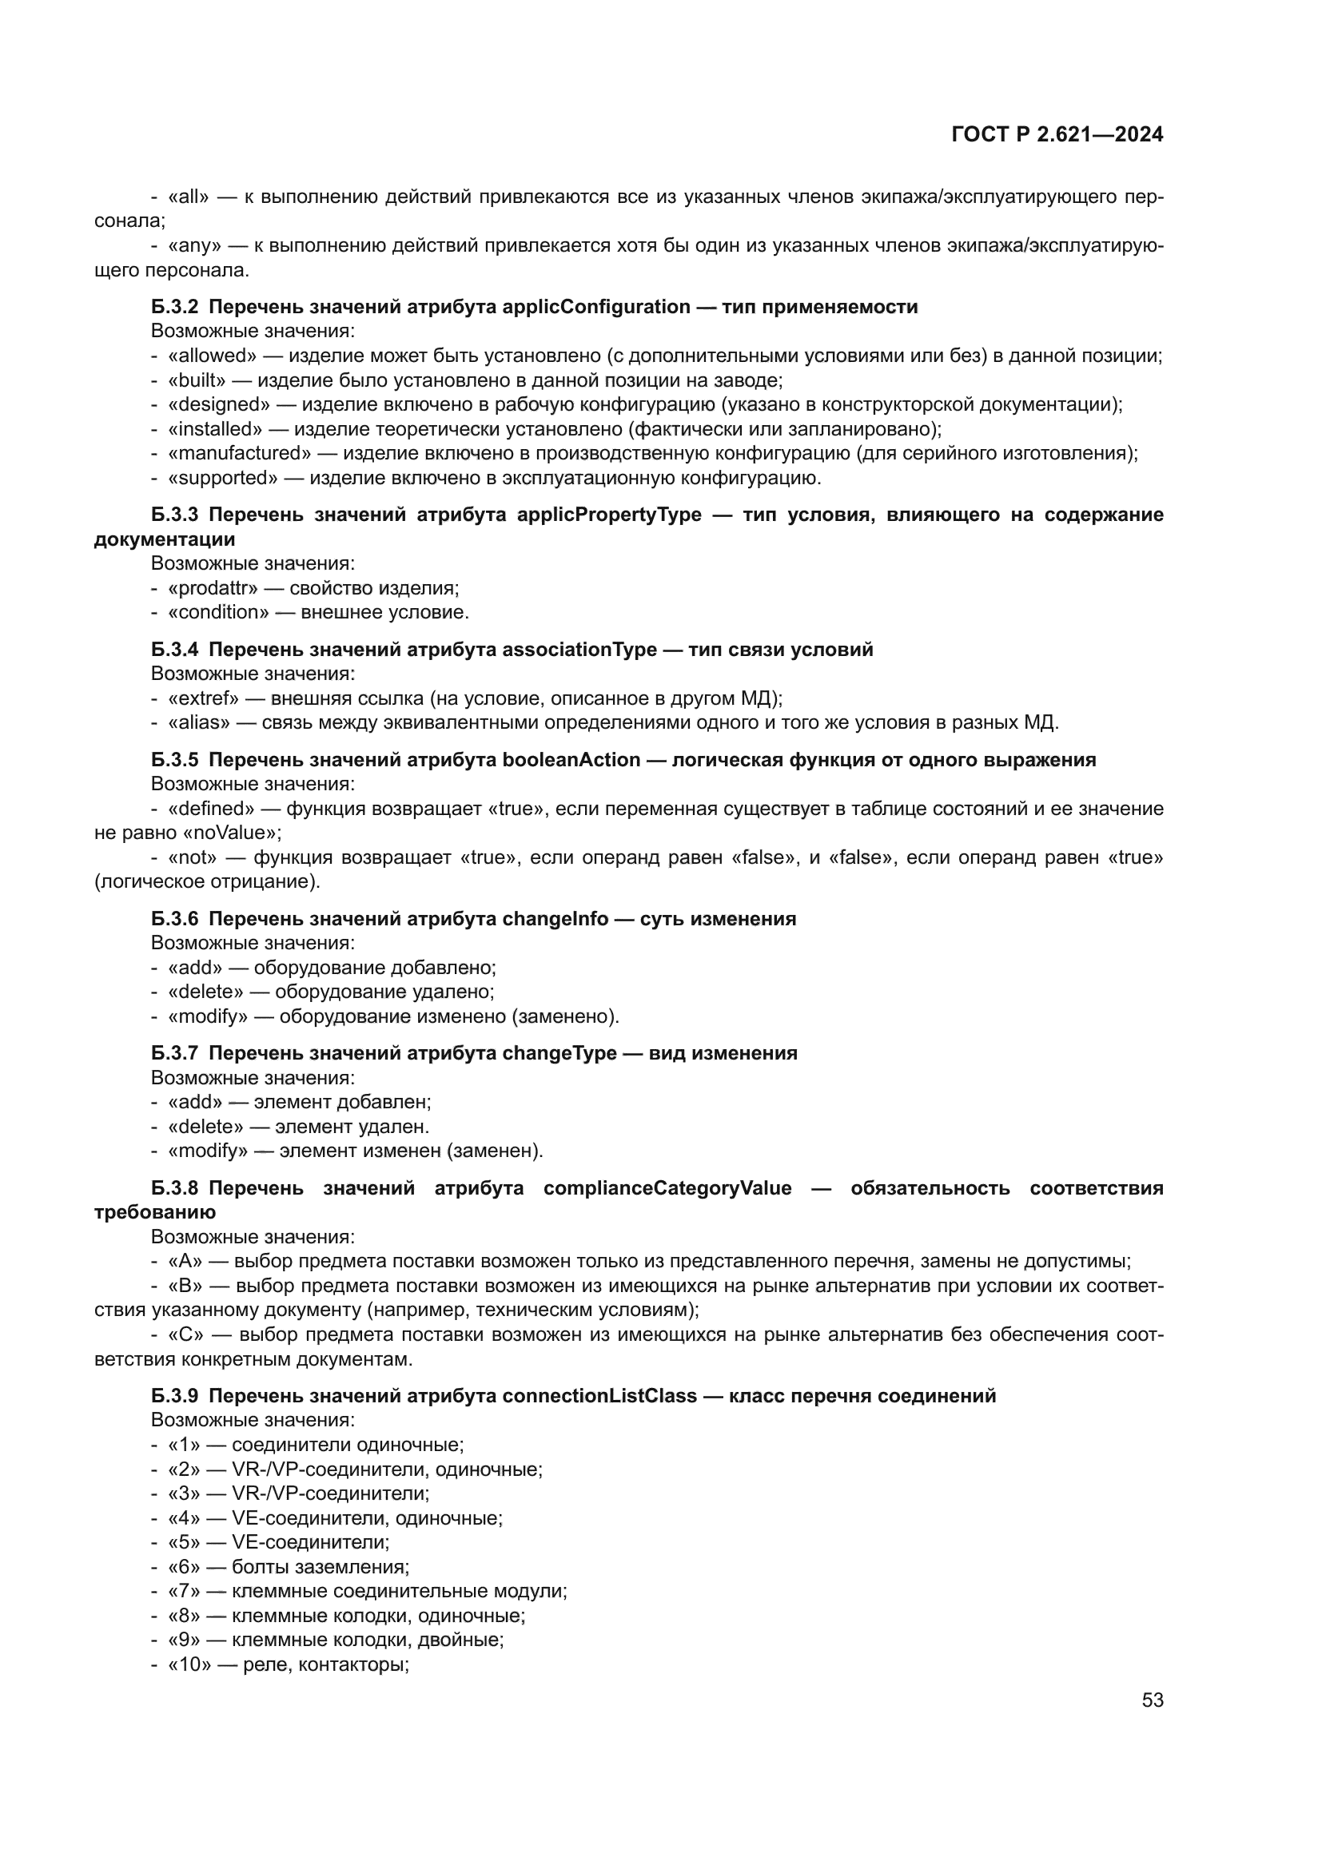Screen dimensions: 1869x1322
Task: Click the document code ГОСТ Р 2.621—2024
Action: (x=1057, y=135)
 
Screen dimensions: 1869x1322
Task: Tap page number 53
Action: (x=1152, y=1700)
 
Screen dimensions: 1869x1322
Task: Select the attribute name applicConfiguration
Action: (x=596, y=307)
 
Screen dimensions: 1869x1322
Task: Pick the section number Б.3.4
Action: (x=174, y=650)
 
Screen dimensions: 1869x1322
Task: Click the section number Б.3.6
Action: (x=174, y=919)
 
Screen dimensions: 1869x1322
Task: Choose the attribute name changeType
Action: (x=559, y=1053)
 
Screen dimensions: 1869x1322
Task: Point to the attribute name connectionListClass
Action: (x=599, y=1396)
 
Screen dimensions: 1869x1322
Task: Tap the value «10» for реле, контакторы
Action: (x=189, y=1664)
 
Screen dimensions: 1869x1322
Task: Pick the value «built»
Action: (x=196, y=380)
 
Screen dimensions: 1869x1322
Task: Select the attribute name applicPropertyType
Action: (x=609, y=515)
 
